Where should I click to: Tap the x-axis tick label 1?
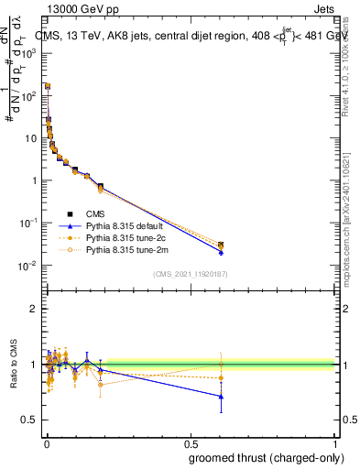coord(335,444)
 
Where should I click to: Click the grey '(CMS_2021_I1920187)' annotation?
coord(190,275)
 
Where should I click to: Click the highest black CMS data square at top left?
coord(47,86)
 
